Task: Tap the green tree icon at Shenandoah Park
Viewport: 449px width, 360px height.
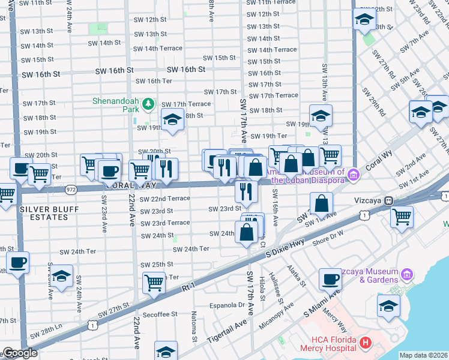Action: (148, 106)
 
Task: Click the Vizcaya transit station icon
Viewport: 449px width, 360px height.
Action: (389, 200)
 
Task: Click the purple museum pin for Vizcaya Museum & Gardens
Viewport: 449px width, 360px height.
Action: (408, 275)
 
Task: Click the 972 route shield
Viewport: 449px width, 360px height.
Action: (71, 188)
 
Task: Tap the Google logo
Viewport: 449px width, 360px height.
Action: (20, 353)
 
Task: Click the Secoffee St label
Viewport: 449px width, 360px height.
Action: (160, 314)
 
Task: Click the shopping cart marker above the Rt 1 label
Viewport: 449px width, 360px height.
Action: (154, 283)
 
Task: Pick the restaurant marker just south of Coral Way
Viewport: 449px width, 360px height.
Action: (246, 191)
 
